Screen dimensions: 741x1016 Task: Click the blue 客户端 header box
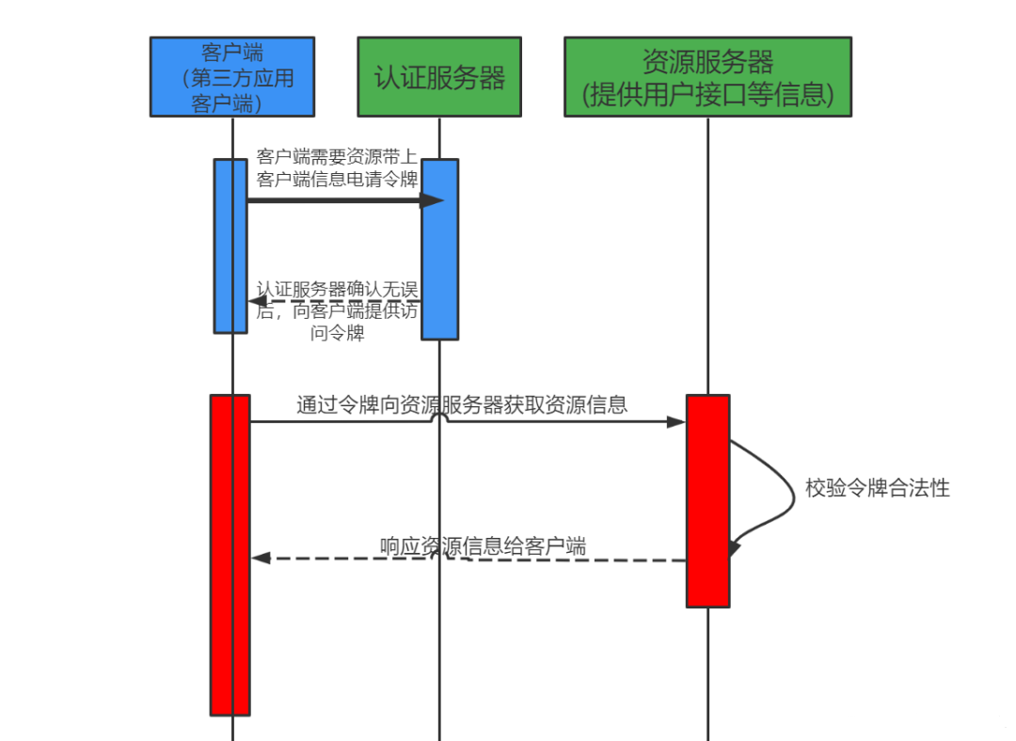[231, 76]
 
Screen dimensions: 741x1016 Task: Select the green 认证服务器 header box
[439, 76]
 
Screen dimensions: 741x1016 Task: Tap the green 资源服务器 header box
[707, 76]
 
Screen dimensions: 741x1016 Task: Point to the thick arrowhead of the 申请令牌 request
[432, 199]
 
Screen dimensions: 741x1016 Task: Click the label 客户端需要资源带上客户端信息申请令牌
[337, 167]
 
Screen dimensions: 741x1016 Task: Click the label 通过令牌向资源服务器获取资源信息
[462, 404]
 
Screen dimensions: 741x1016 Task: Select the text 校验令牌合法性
[877, 488]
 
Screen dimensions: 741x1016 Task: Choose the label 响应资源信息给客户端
[483, 545]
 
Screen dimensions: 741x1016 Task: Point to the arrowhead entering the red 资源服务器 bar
[676, 422]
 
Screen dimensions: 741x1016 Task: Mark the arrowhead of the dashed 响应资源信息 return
[261, 558]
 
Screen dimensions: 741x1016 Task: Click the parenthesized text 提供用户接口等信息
[707, 94]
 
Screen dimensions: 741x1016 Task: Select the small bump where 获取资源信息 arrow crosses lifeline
[439, 418]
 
